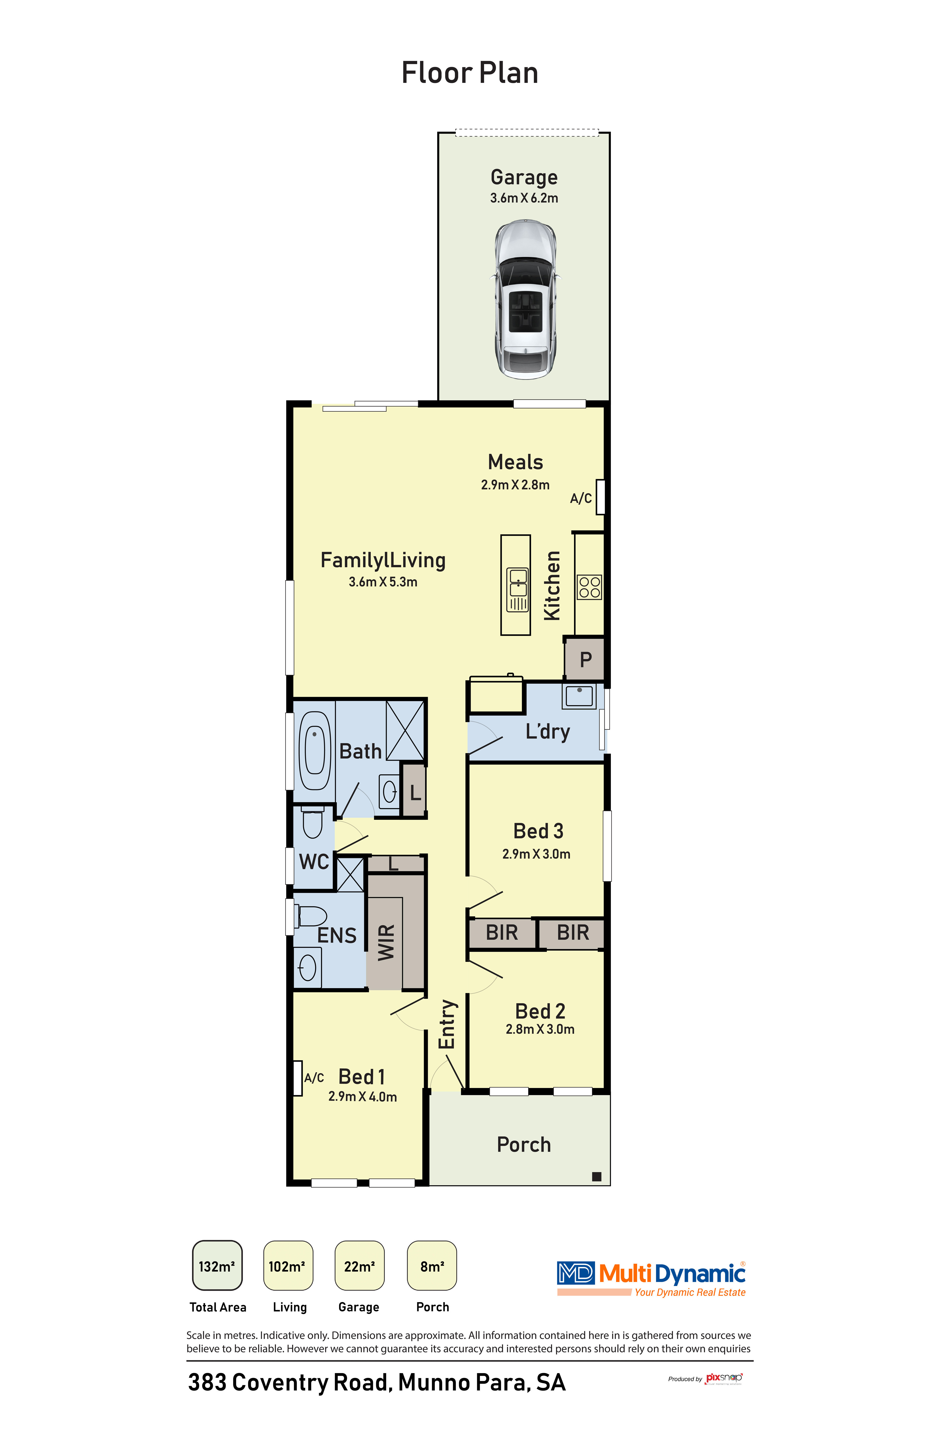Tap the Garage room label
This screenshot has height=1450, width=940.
pos(524,177)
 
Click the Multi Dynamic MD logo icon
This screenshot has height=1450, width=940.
pos(575,1273)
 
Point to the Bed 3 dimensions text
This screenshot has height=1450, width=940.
pos(536,854)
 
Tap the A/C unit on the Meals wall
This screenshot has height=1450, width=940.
pos(600,497)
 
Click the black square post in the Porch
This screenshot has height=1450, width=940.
pos(596,1176)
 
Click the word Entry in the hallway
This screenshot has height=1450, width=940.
pos(447,1024)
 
